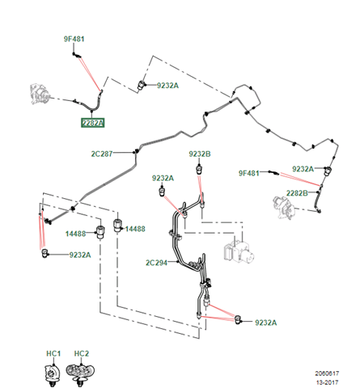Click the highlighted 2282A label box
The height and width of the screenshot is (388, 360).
pyautogui.click(x=93, y=123)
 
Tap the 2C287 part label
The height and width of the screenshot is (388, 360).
pyautogui.click(x=102, y=154)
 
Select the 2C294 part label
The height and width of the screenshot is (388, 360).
pyautogui.click(x=156, y=263)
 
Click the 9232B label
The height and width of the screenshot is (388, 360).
pyautogui.click(x=200, y=154)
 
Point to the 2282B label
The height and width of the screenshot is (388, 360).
pyautogui.click(x=297, y=193)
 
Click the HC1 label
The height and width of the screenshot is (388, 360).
pyautogui.click(x=53, y=353)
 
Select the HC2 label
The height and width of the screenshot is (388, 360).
pyautogui.click(x=82, y=353)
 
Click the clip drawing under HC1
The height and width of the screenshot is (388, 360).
pyautogui.click(x=52, y=373)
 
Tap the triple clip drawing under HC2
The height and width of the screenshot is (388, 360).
pyautogui.click(x=80, y=373)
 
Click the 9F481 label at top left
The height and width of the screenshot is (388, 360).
pyautogui.click(x=74, y=39)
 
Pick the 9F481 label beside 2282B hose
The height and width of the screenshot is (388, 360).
pyautogui.click(x=248, y=173)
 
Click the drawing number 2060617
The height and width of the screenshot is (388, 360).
pyautogui.click(x=327, y=373)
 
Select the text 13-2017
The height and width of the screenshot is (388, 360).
pyautogui.click(x=327, y=382)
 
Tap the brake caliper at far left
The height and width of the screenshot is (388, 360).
pyautogui.click(x=40, y=94)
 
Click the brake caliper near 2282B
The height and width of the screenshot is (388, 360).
pyautogui.click(x=284, y=208)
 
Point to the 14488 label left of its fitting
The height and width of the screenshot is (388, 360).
pyautogui.click(x=75, y=234)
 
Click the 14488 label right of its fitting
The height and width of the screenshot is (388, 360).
pyautogui.click(x=135, y=229)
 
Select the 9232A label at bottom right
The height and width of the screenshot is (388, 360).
pyautogui.click(x=265, y=323)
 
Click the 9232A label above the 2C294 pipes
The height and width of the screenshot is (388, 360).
pyautogui.click(x=163, y=178)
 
